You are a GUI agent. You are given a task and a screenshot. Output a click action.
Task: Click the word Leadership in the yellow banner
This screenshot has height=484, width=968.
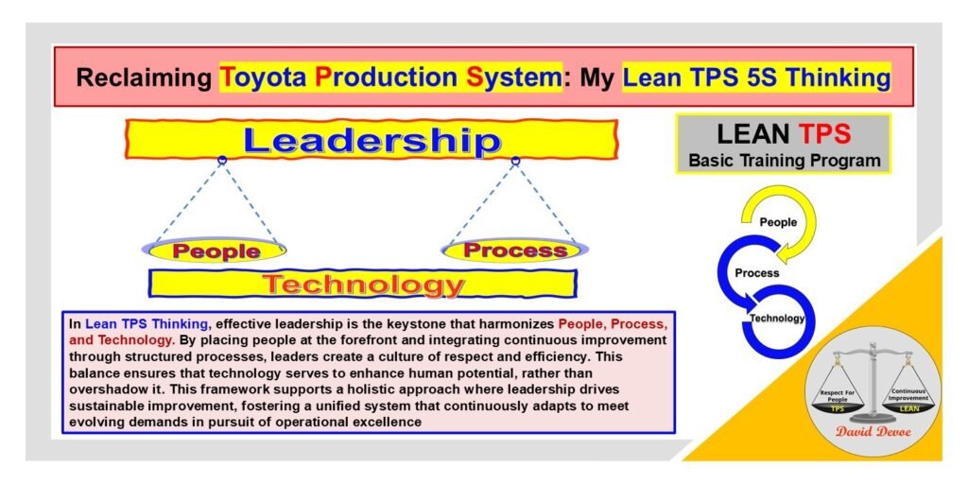(371, 141)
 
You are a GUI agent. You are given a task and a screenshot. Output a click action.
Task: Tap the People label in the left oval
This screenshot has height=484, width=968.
(216, 251)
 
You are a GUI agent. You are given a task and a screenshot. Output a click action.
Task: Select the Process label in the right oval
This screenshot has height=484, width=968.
(515, 251)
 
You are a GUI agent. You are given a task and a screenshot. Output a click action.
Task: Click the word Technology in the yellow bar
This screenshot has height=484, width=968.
(363, 284)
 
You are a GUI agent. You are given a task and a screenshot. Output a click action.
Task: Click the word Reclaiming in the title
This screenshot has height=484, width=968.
(142, 77)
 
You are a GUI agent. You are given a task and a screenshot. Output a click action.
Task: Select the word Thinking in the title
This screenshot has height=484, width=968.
(836, 77)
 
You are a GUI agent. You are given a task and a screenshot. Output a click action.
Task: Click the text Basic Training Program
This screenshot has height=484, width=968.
(784, 160)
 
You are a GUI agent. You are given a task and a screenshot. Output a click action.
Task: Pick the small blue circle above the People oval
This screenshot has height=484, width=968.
(222, 161)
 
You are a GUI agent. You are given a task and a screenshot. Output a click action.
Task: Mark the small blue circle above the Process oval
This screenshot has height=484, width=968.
(515, 161)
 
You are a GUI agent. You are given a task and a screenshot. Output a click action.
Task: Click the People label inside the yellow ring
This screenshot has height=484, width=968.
(778, 223)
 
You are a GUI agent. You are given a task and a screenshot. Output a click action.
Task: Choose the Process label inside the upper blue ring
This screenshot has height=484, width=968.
(757, 273)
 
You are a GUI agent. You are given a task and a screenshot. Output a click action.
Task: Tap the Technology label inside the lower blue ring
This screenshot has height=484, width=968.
(777, 319)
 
